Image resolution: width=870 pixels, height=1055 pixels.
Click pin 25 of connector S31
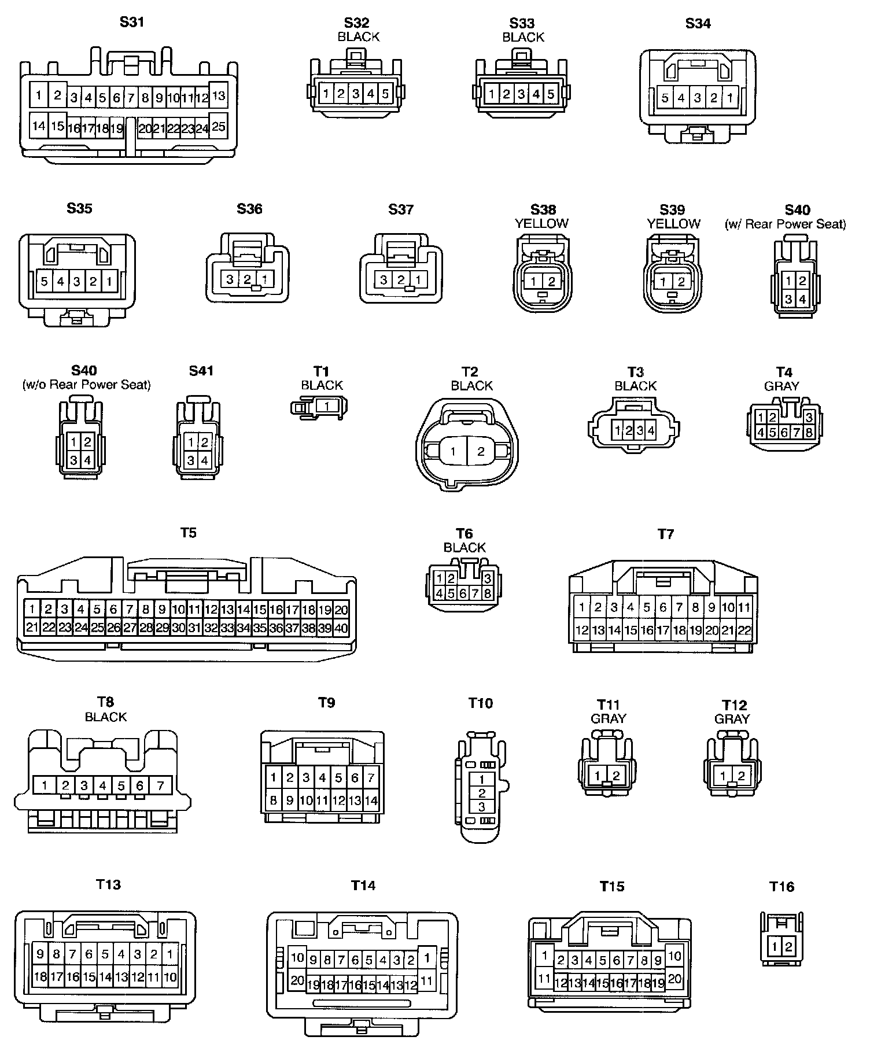pos(219,127)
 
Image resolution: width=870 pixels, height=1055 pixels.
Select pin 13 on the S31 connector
pos(219,95)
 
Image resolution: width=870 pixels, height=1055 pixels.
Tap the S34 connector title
pos(698,24)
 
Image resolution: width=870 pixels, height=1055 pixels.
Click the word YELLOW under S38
pos(541,224)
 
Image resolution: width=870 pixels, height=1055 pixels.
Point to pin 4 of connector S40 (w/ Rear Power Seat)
pos(802,300)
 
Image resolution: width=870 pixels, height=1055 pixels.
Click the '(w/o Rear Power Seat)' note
pos(87,385)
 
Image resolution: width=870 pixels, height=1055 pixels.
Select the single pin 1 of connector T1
pos(327,407)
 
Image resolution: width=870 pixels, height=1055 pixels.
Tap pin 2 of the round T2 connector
pos(481,452)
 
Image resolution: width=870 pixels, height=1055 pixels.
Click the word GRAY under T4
pos(781,386)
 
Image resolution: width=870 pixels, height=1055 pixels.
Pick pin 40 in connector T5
pos(341,628)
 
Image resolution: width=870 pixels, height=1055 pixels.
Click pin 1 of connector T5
pos(32,608)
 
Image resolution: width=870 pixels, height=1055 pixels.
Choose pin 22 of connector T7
pos(744,630)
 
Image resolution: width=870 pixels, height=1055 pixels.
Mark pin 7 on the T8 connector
pos(160,785)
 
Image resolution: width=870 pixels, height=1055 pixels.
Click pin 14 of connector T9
pos(371,801)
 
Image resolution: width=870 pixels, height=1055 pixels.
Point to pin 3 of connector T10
pos(482,807)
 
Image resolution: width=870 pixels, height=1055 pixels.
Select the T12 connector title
pos(734,705)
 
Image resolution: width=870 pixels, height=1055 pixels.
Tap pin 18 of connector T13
pos(40,977)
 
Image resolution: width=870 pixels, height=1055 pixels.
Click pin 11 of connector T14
pos(427,981)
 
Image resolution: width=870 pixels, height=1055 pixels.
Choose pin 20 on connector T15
pos(674,979)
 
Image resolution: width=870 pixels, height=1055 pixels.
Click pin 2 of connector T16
pos(789,947)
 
